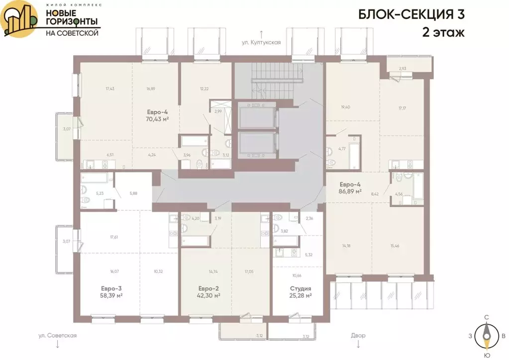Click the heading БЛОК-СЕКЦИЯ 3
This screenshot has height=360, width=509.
tap(411, 14)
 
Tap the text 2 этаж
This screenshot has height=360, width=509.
tap(443, 33)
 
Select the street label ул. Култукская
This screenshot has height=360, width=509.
tap(261, 43)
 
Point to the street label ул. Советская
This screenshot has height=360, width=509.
tap(58, 336)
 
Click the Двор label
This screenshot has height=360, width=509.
tap(357, 336)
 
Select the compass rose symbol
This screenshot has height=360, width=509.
tap(486, 336)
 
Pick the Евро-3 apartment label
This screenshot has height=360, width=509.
tap(111, 288)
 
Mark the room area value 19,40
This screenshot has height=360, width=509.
tap(346, 107)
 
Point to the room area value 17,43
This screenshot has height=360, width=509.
tap(110, 89)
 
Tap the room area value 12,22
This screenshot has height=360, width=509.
tap(204, 89)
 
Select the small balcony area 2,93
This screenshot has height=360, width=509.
tap(403, 68)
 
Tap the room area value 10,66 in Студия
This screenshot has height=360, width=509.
tap(297, 275)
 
